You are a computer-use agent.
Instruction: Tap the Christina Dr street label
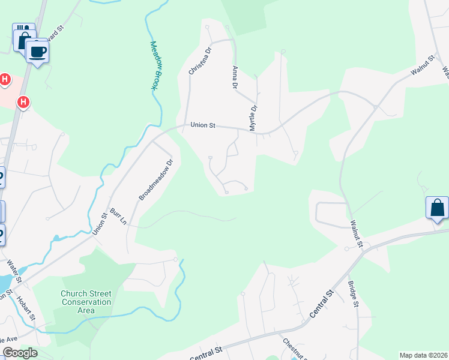click(200, 61)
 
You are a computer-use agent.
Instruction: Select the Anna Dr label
click(234, 77)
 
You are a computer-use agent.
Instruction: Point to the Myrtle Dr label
click(253, 118)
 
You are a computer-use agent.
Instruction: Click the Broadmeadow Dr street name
click(155, 179)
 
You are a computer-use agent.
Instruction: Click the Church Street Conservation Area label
click(86, 302)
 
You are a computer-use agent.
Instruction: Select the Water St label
click(14, 272)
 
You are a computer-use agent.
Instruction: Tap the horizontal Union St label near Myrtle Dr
click(203, 125)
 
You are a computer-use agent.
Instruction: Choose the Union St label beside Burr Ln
click(100, 224)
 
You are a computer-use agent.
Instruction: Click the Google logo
click(19, 353)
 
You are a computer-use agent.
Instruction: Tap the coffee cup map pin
click(37, 52)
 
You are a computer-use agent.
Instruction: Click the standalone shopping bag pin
click(437, 208)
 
